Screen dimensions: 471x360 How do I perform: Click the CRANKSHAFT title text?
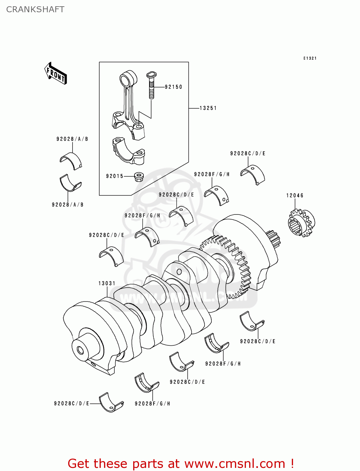(x=35, y=9)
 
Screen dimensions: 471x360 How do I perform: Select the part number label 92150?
(x=173, y=87)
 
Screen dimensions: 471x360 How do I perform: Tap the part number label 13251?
(x=208, y=108)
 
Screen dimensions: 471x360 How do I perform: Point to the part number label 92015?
(x=115, y=176)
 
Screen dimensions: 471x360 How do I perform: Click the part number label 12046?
(x=295, y=196)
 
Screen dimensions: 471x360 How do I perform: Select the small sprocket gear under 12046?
(x=301, y=223)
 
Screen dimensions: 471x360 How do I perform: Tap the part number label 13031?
(x=107, y=283)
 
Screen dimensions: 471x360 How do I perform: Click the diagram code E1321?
(x=310, y=58)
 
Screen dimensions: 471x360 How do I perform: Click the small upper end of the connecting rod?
(x=128, y=79)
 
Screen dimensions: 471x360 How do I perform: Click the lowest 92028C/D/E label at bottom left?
(x=72, y=403)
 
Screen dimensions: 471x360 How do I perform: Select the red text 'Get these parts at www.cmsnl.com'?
(x=181, y=463)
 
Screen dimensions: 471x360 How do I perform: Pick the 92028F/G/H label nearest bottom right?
(x=223, y=364)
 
